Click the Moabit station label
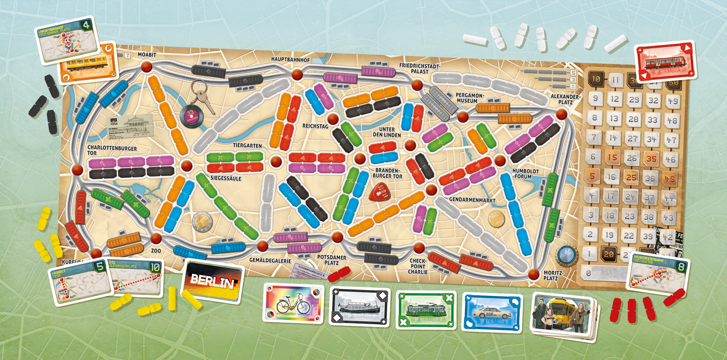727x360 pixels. point(147,55)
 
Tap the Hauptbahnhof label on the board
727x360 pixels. point(290,60)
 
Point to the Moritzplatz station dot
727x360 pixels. point(533,274)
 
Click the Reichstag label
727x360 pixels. point(315,126)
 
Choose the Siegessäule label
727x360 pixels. point(226,178)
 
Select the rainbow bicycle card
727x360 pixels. point(293,303)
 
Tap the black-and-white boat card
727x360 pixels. point(360,306)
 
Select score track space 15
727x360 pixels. point(612,157)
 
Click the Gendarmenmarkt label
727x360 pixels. point(472,200)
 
